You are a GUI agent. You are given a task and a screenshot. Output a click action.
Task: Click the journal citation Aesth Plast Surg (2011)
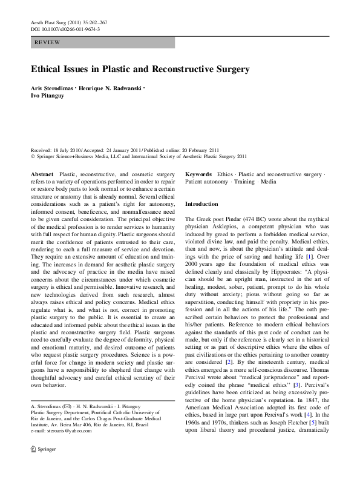(58, 22)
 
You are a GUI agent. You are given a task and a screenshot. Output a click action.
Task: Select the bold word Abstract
(41, 174)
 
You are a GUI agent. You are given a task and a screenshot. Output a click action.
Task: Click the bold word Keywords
(198, 174)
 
